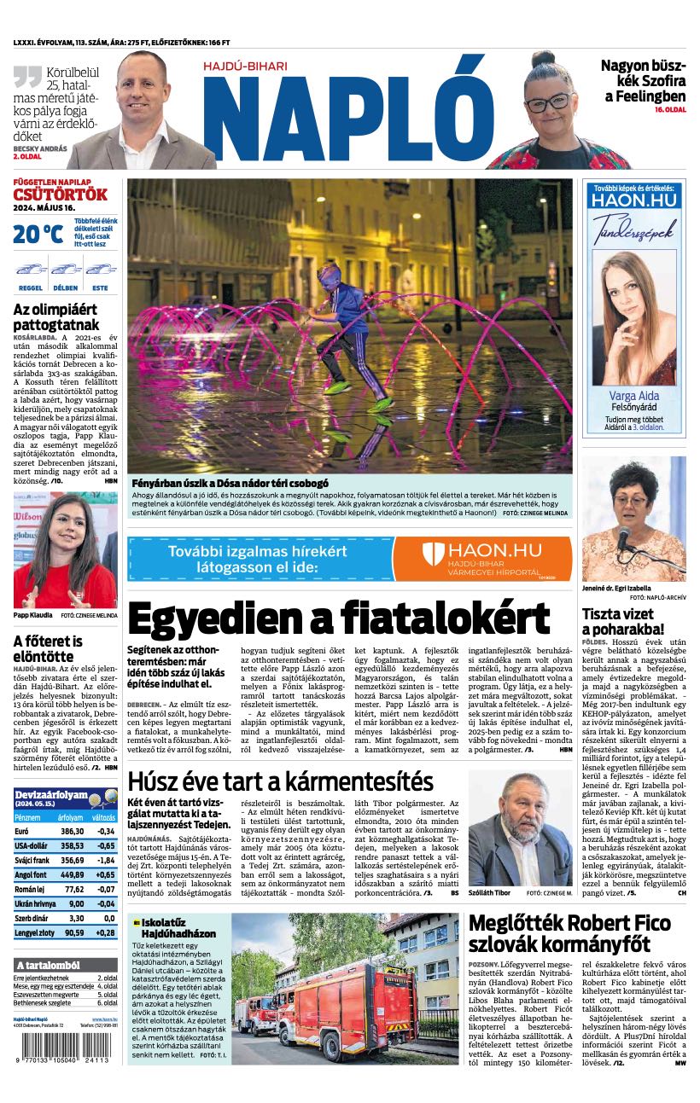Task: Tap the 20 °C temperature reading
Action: [x=38, y=233]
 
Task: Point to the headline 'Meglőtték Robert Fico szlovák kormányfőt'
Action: [x=569, y=933]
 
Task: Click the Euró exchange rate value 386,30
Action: [x=72, y=831]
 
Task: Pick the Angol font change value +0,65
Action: [x=105, y=874]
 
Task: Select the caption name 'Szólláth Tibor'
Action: [x=491, y=892]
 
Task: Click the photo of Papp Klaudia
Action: [x=65, y=550]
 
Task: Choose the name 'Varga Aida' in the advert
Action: [x=633, y=396]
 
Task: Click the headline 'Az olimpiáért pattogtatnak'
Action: [x=56, y=316]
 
